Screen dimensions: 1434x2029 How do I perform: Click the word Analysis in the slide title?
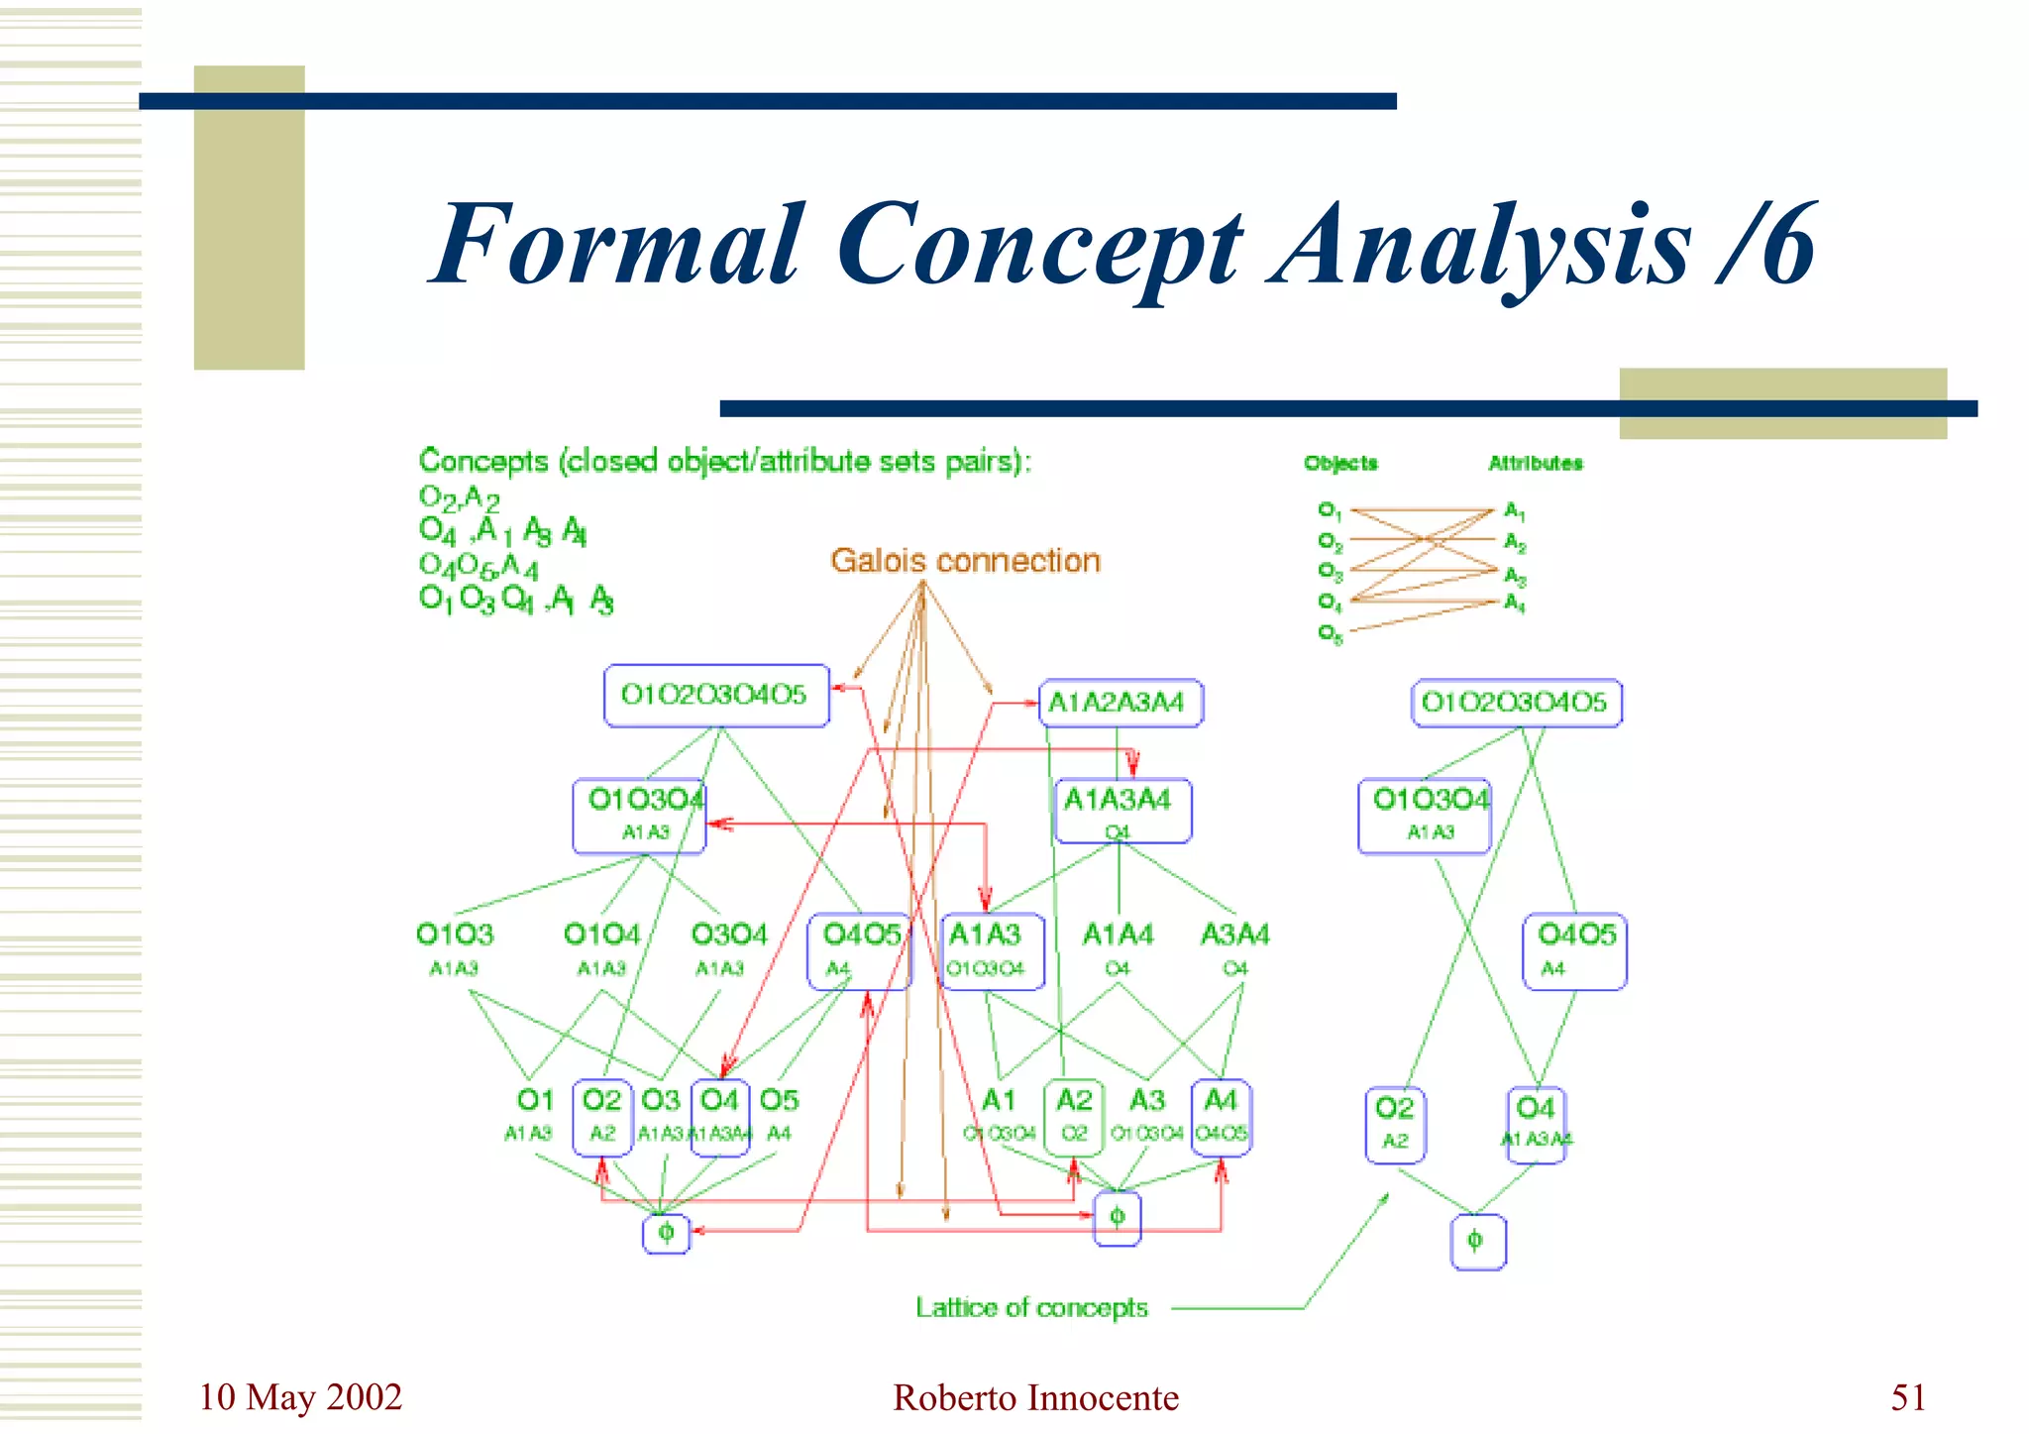pos(1480,245)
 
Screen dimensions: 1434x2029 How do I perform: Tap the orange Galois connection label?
pos(965,561)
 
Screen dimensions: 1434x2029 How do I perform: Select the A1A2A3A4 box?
pos(1120,703)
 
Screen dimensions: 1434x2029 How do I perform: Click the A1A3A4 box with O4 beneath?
pos(1121,811)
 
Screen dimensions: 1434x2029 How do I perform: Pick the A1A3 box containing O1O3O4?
pos(991,949)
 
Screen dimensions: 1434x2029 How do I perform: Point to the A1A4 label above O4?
pos(1118,935)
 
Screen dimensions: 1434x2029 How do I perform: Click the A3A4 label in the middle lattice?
pos(1234,935)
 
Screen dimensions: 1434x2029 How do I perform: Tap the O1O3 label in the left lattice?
pos(455,935)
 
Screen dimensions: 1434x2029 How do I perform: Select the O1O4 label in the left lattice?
pos(601,935)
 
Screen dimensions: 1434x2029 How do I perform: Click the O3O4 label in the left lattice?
pos(729,935)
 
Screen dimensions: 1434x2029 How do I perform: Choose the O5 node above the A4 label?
pos(779,1101)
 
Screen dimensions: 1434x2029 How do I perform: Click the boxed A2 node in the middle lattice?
pos(1074,1116)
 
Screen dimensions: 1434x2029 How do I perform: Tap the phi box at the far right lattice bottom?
pos(1477,1242)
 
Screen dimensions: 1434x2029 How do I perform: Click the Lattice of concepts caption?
pos(1030,1308)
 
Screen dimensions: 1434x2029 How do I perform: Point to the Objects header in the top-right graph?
pos(1340,463)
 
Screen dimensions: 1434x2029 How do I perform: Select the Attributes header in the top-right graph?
pos(1535,463)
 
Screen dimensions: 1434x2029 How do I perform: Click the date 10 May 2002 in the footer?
pos(300,1397)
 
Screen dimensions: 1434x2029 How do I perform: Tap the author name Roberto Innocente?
pos(1035,1398)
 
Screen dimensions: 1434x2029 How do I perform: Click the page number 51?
pos(1908,1397)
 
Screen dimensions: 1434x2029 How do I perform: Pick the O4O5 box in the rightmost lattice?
pos(1574,949)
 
